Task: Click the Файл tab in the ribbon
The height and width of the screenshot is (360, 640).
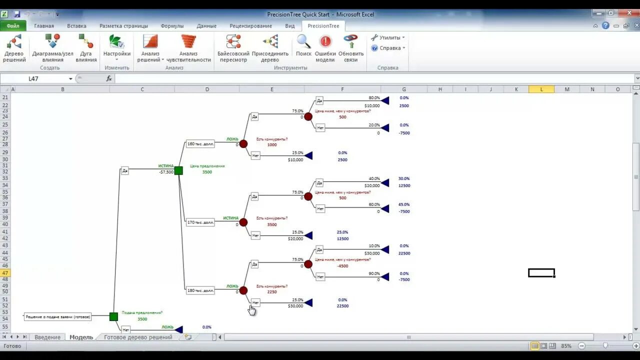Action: pos(13,25)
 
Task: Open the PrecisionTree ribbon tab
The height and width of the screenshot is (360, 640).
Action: pos(323,25)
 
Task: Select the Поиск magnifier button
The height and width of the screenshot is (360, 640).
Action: pos(303,41)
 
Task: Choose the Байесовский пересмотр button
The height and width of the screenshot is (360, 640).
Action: pos(233,41)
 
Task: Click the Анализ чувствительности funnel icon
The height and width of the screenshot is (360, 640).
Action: pos(188,41)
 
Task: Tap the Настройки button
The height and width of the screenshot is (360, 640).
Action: pos(116,41)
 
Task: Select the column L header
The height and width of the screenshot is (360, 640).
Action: pos(541,89)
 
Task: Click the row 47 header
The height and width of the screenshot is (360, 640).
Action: pos(5,273)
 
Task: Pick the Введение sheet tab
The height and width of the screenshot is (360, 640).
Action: pos(47,337)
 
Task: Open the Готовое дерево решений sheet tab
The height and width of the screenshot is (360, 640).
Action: pos(138,337)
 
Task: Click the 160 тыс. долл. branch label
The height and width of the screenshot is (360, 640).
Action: pos(200,144)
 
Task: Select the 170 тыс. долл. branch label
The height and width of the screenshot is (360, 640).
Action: pos(200,222)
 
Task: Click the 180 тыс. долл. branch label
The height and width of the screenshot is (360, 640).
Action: pos(200,290)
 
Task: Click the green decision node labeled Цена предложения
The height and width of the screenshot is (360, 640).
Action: pos(178,170)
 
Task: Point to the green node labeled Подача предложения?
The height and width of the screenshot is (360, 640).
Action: pos(113,316)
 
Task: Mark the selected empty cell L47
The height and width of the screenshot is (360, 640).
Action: pos(541,273)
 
